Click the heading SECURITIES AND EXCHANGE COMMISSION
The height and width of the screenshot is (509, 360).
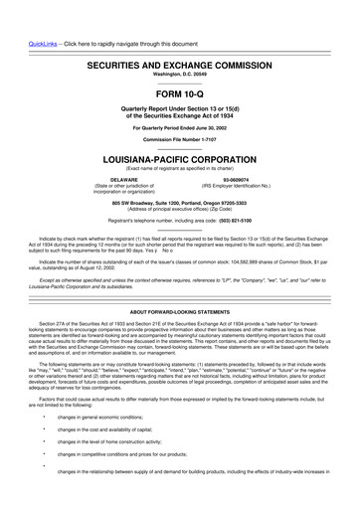180,35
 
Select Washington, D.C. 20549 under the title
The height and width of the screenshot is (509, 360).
180,46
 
